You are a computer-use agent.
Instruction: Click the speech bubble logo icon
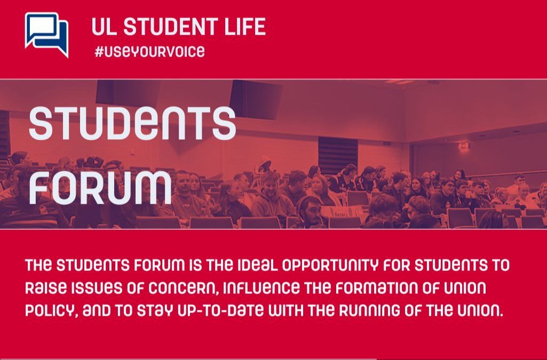pos(47,35)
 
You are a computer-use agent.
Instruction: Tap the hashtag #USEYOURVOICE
pos(149,52)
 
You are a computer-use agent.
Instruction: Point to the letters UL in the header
pos(105,27)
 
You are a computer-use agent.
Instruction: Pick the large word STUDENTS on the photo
pos(132,123)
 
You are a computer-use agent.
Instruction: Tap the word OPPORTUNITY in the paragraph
pos(330,266)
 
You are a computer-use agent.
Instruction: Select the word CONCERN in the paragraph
pos(184,288)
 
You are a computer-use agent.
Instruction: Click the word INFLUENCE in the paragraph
pos(261,288)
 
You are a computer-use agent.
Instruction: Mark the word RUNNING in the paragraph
pos(369,310)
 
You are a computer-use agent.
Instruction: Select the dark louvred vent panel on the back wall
pos(338,155)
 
